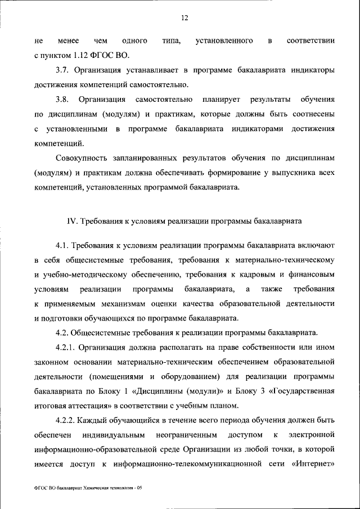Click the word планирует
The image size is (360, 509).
[219, 100]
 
